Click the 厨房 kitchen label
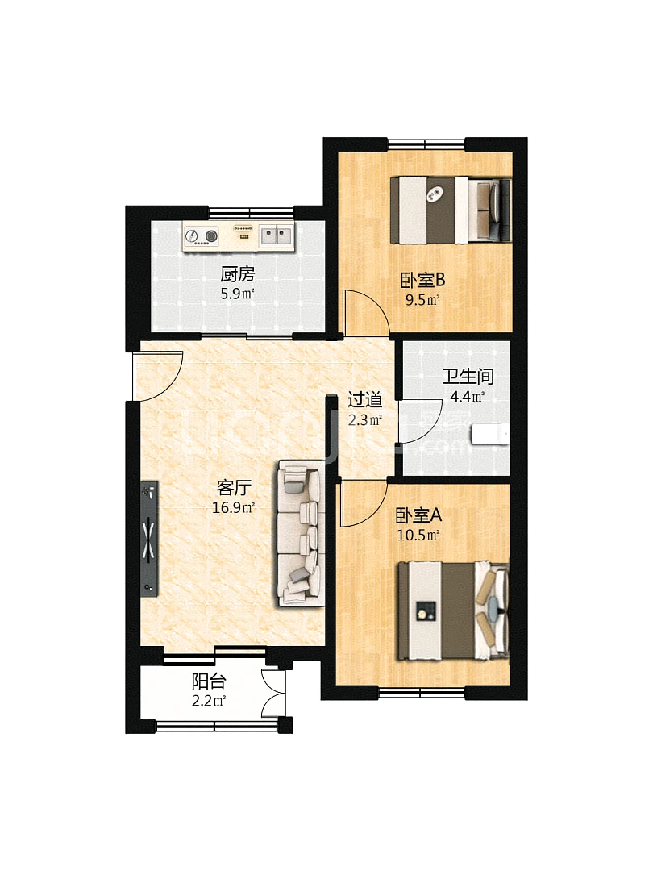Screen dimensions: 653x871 pyautogui.click(x=237, y=274)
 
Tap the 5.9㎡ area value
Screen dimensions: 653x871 pyautogui.click(x=237, y=294)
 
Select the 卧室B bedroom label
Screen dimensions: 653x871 pyautogui.click(x=422, y=280)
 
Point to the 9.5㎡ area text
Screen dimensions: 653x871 pyautogui.click(x=422, y=301)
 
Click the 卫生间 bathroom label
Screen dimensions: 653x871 pyautogui.click(x=468, y=377)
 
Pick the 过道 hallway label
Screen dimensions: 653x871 pyautogui.click(x=365, y=399)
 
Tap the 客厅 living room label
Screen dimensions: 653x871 pyautogui.click(x=234, y=488)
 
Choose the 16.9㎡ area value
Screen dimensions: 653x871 pyautogui.click(x=234, y=508)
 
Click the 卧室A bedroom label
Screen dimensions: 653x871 pyautogui.click(x=418, y=515)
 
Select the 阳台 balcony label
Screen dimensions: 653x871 pyautogui.click(x=209, y=681)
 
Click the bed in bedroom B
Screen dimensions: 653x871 pyautogui.click(x=451, y=210)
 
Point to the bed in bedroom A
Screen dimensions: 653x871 pyautogui.click(x=453, y=611)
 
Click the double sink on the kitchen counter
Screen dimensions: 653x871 pyautogui.click(x=276, y=235)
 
